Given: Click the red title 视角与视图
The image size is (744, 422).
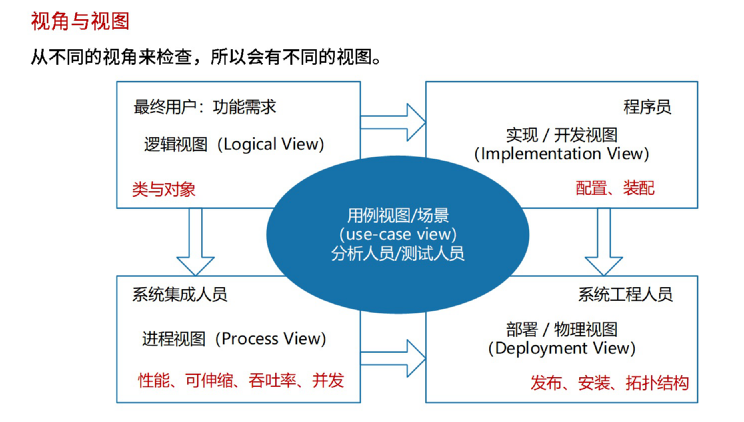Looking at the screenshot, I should tap(79, 22).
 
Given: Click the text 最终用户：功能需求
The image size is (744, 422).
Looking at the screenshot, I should tap(205, 107).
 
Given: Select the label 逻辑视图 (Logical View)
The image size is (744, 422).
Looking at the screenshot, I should tap(234, 145).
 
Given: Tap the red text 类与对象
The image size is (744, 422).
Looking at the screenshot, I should tap(164, 189).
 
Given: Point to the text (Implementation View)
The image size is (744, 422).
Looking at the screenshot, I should tap(561, 154).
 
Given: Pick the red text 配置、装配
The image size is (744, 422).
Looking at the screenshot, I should tap(615, 189).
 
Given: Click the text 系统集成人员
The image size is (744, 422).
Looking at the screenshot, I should tap(180, 295).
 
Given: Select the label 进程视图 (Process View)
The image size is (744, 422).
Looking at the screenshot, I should tap(234, 339).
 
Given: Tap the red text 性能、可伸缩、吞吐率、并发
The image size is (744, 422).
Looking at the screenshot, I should tap(241, 381).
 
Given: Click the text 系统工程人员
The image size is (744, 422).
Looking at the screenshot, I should tap(625, 295).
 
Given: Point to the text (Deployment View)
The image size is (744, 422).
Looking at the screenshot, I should tap(561, 348).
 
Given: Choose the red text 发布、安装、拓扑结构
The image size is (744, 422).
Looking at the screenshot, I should tap(609, 383).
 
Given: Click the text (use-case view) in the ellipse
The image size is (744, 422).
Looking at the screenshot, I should tap(397, 235).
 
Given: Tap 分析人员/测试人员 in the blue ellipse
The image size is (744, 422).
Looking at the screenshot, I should tap(397, 253).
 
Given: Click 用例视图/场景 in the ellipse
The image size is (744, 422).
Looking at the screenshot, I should tap(397, 215).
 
